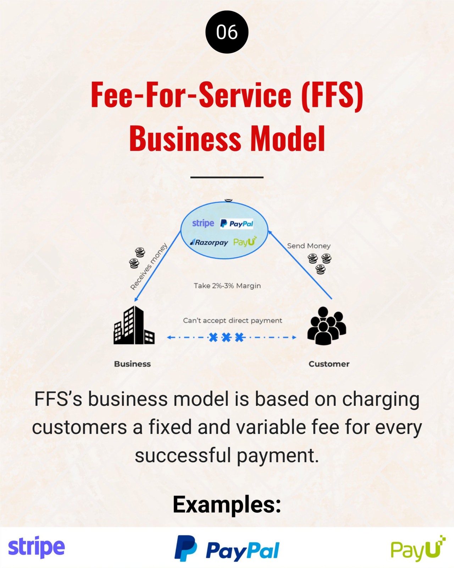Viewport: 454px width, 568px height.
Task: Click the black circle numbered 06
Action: pyautogui.click(x=227, y=32)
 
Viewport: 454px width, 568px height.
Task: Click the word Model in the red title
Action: pyautogui.click(x=288, y=138)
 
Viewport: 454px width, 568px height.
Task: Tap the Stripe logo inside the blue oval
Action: pyautogui.click(x=203, y=223)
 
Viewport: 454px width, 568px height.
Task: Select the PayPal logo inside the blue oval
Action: pyautogui.click(x=237, y=224)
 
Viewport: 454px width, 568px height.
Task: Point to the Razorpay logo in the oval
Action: pyautogui.click(x=209, y=242)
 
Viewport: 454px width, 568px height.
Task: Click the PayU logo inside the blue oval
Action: pyautogui.click(x=245, y=242)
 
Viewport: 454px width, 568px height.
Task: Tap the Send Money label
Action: pyautogui.click(x=309, y=246)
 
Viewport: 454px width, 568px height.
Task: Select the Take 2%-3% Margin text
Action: pyautogui.click(x=227, y=286)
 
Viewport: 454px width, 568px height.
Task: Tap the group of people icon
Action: pyautogui.click(x=326, y=326)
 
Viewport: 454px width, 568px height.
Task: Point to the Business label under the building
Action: pyautogui.click(x=132, y=364)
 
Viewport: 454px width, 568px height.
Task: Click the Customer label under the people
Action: pyautogui.click(x=329, y=364)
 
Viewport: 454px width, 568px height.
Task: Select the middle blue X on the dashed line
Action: pyautogui.click(x=226, y=337)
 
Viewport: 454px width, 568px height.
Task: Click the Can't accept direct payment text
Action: pyautogui.click(x=232, y=321)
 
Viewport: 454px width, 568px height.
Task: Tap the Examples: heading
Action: pyautogui.click(x=227, y=504)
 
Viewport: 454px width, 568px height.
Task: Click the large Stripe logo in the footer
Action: pyautogui.click(x=37, y=547)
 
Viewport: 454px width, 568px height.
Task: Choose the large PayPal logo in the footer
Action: pyautogui.click(x=227, y=549)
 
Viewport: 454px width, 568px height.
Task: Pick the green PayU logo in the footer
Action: pyautogui.click(x=418, y=549)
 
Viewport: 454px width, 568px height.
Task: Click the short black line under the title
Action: pyautogui.click(x=227, y=177)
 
